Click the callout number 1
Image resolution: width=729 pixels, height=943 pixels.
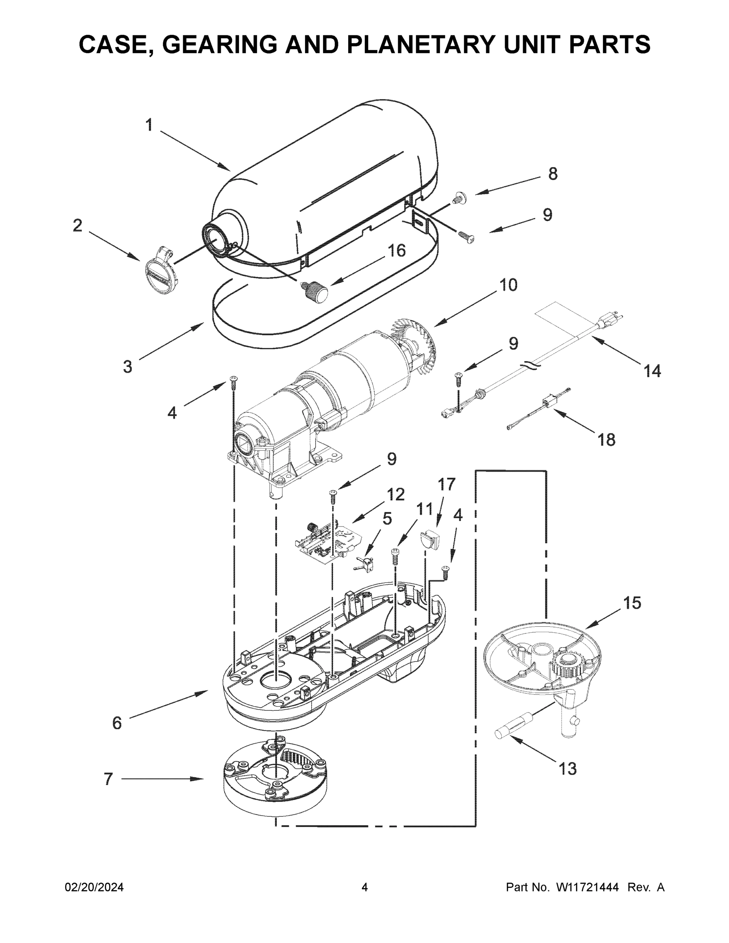[149, 125]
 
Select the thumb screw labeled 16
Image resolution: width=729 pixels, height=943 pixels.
[317, 292]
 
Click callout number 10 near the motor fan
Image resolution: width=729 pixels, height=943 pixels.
[508, 285]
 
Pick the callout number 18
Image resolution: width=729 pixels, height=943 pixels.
[606, 440]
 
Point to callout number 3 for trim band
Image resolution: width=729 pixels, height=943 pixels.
[127, 367]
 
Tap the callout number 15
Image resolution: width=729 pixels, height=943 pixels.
[632, 603]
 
